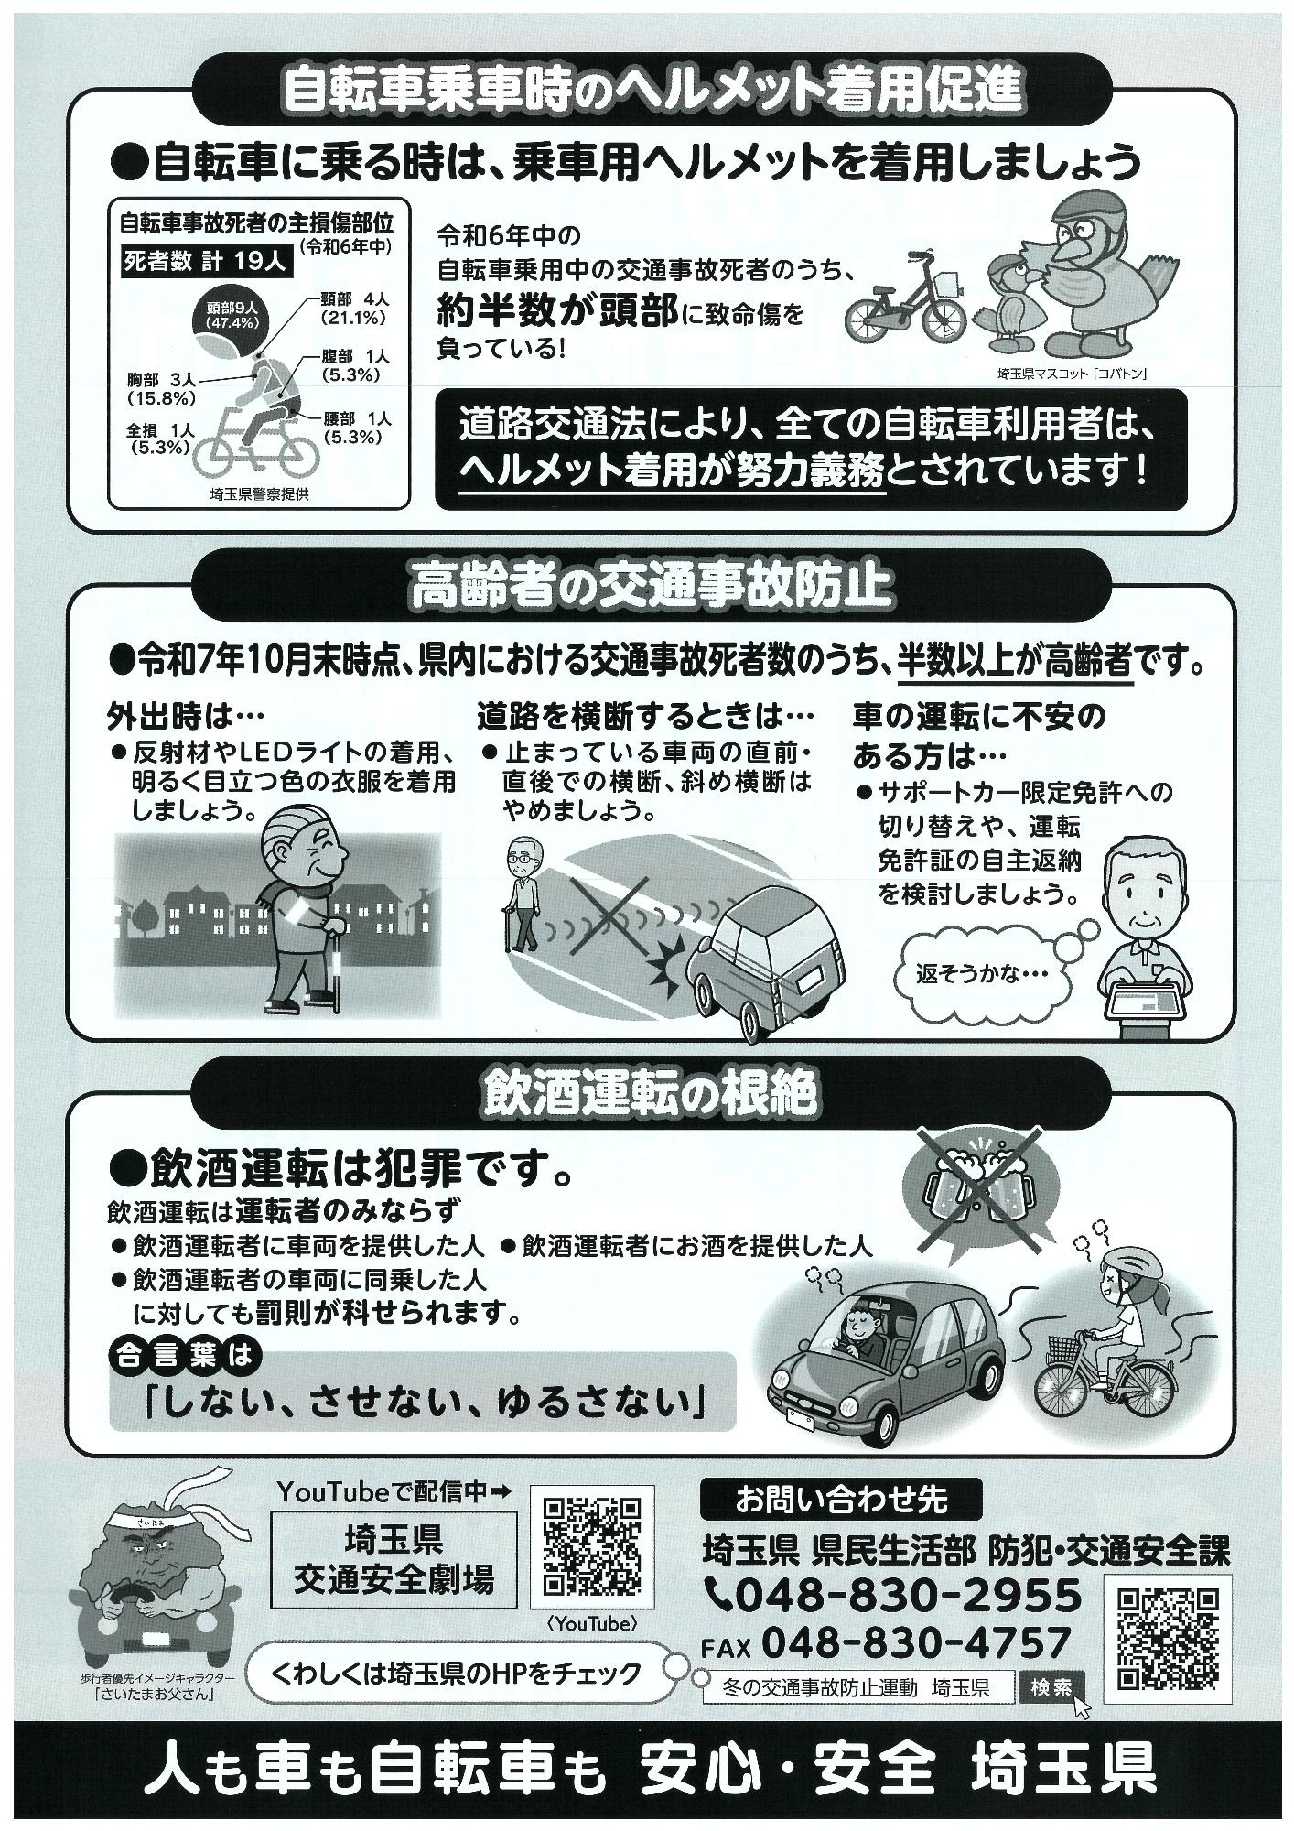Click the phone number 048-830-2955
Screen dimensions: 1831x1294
click(x=906, y=1596)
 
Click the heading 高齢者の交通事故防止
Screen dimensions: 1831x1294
click(x=651, y=587)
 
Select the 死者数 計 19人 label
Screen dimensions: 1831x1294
click(x=206, y=261)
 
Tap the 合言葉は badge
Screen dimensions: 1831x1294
click(x=184, y=1354)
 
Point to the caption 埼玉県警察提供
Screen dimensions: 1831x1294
click(x=259, y=494)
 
